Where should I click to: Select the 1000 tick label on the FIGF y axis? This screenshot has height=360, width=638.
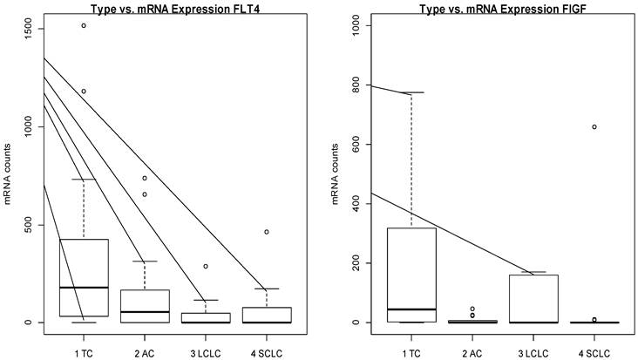[x=345, y=26]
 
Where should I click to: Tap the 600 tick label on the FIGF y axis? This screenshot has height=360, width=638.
[x=345, y=145]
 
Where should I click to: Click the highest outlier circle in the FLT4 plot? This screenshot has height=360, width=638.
[x=84, y=25]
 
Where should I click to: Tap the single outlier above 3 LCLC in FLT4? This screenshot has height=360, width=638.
[x=206, y=266]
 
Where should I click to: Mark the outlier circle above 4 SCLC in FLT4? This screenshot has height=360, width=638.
[x=267, y=232]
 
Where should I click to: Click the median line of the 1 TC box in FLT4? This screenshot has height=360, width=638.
[x=84, y=287]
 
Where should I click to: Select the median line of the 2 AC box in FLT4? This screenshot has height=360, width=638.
[x=145, y=311]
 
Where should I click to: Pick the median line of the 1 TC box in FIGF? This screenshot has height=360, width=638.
[x=411, y=309]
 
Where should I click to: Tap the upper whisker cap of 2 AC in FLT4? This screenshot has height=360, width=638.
[x=145, y=261]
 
